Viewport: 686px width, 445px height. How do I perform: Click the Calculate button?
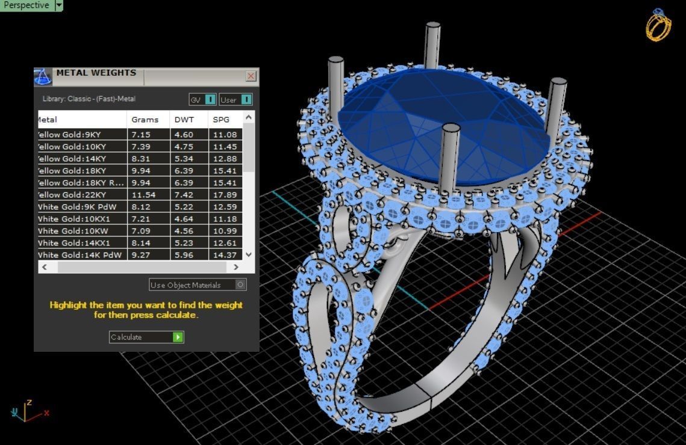146,337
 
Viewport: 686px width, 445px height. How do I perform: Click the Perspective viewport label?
27,5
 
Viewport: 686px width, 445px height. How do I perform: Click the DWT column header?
184,120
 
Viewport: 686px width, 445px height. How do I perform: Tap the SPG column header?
222,120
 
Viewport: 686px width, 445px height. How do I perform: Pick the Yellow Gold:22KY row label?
72,195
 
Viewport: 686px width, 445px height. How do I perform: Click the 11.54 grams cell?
143,195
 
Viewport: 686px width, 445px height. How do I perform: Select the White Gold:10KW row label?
72,231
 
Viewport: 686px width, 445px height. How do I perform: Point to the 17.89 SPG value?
225,195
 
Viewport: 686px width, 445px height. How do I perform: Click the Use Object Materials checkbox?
240,285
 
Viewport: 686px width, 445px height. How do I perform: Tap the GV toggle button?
202,100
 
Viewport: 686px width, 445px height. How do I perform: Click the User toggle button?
235,100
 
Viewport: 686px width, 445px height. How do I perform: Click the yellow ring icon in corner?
658,25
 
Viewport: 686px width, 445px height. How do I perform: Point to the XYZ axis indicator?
28,411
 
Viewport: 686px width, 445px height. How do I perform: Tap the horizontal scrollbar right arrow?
236,267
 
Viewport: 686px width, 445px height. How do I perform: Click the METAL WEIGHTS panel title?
96,73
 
